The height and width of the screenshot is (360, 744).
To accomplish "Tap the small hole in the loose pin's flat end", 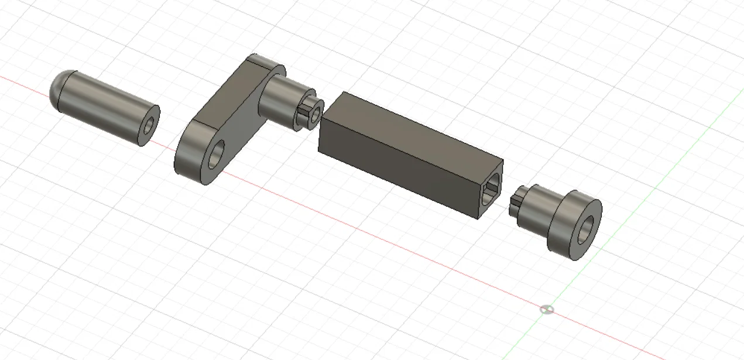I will click(x=150, y=125).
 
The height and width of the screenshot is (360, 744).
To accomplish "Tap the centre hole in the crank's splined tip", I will click(x=317, y=111).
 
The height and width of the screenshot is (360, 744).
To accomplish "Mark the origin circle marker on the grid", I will click(x=547, y=308).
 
